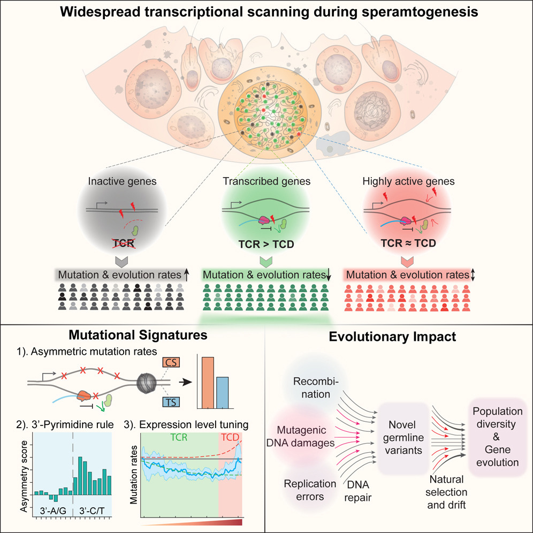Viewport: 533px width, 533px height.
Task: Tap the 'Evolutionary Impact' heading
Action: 399,338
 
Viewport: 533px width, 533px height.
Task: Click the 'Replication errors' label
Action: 311,489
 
